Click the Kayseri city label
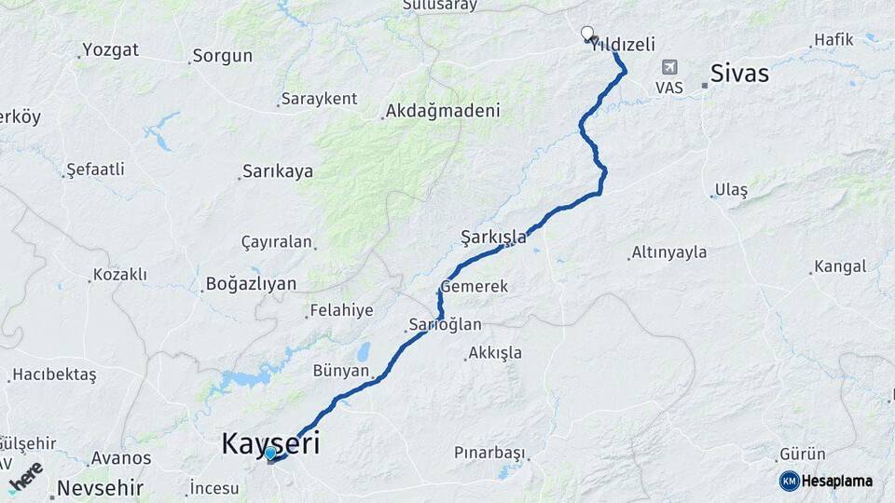point(270,443)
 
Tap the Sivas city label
point(739,73)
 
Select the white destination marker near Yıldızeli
point(587,34)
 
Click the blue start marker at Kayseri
point(270,454)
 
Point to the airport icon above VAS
point(669,67)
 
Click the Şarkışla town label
point(493,238)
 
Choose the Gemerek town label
point(475,286)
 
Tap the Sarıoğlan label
point(445,325)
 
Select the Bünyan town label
point(341,370)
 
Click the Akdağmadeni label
point(444,111)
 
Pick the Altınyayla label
point(669,251)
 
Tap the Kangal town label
point(840,266)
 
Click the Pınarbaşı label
point(489,453)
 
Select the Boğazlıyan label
point(251,284)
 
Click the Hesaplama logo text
point(836,481)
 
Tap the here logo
point(25,476)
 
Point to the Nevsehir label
point(100,487)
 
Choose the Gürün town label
point(803,454)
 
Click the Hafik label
point(833,39)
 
